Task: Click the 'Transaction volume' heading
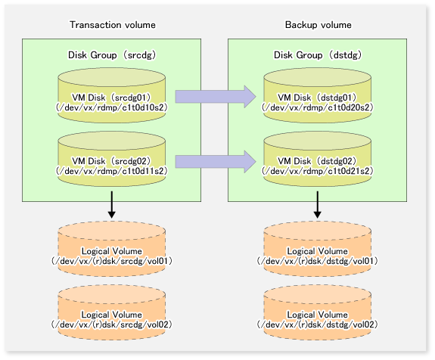point(113,25)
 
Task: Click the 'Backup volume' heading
point(318,25)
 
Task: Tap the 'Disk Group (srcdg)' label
point(112,55)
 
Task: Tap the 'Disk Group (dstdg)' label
point(318,55)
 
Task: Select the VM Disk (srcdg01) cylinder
point(112,95)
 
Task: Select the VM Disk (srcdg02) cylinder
point(112,159)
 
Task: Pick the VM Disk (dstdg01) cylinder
point(318,95)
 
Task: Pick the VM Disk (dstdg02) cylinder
point(318,159)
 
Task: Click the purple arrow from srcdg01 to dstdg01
point(216,97)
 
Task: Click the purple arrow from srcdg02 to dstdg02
point(216,161)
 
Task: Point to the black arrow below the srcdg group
point(112,205)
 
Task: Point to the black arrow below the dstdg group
point(318,205)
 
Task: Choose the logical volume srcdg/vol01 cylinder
point(112,249)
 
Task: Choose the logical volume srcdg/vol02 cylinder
point(112,312)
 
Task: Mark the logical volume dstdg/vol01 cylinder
point(318,249)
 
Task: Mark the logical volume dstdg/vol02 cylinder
point(318,312)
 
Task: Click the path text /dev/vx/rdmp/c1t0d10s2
point(112,107)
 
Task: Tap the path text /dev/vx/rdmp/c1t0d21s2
point(318,171)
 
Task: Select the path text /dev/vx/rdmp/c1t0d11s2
point(112,171)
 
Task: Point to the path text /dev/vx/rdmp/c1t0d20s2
point(318,107)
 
